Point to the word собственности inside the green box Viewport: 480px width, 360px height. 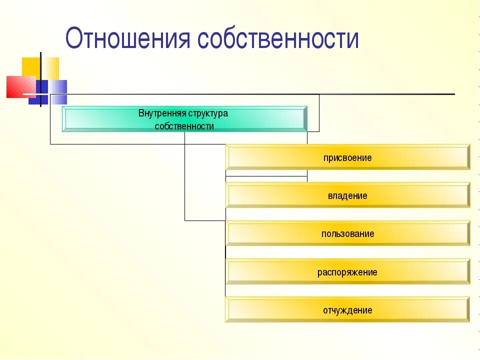click(x=184, y=126)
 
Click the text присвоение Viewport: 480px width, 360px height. click(x=347, y=158)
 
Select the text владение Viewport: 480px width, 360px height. click(x=347, y=196)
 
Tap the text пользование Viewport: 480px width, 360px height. click(x=347, y=234)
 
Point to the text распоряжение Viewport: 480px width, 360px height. click(x=347, y=272)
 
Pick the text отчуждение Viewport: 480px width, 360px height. click(x=347, y=310)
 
